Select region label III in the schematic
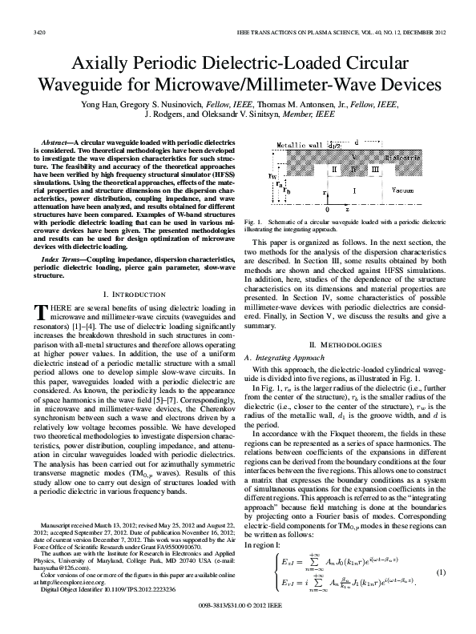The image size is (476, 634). point(374,170)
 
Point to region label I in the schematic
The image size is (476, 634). point(354,191)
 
